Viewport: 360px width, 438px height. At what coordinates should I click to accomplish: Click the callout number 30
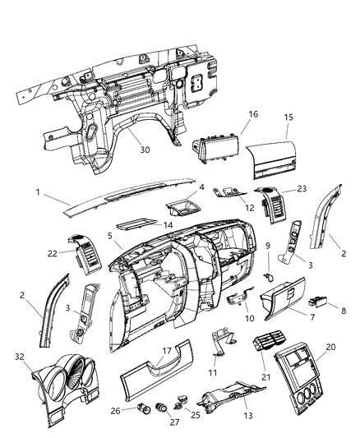pyautogui.click(x=145, y=151)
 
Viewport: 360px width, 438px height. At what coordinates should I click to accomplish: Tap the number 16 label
pyautogui.click(x=252, y=115)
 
